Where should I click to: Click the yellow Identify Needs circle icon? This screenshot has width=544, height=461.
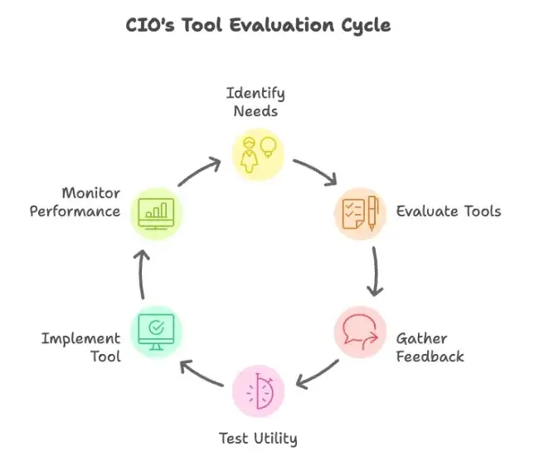[257, 154]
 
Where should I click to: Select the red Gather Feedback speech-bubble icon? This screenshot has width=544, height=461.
[360, 332]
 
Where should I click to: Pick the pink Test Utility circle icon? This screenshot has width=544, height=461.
[257, 389]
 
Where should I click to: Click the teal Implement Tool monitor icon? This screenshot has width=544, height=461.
[156, 332]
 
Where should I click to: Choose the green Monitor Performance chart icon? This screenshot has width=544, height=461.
[156, 212]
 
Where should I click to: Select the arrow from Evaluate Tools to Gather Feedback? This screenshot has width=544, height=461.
[376, 271]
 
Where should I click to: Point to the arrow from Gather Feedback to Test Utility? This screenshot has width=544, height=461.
[317, 374]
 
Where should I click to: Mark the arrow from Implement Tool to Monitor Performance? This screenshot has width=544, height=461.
[141, 271]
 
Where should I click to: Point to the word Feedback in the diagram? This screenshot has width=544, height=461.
[430, 357]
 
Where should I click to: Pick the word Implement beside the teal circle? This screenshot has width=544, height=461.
[80, 338]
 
